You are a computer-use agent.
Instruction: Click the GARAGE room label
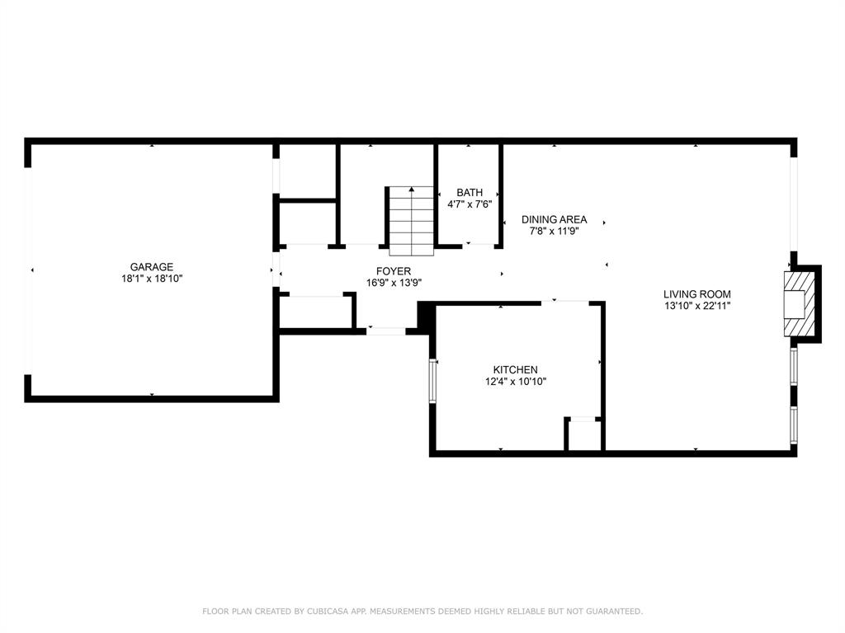pyautogui.click(x=152, y=267)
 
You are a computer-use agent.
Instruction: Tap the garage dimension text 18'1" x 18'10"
pyautogui.click(x=152, y=279)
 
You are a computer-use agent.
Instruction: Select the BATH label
pyautogui.click(x=470, y=193)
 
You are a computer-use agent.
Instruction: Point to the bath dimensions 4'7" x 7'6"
pyautogui.click(x=470, y=204)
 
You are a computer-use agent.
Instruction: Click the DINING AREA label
pyautogui.click(x=554, y=219)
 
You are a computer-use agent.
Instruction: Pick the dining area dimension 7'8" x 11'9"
pyautogui.click(x=554, y=232)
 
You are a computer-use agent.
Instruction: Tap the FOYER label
pyautogui.click(x=394, y=271)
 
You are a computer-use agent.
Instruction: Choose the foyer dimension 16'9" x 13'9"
pyautogui.click(x=394, y=284)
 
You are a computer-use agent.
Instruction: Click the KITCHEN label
pyautogui.click(x=515, y=370)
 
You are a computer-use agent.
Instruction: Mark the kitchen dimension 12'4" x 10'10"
pyautogui.click(x=516, y=382)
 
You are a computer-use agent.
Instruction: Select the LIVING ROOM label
pyautogui.click(x=696, y=294)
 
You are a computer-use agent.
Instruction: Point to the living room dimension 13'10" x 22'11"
pyautogui.click(x=697, y=307)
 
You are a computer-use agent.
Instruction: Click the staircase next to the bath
pyautogui.click(x=411, y=221)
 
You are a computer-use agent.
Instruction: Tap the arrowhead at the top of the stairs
pyautogui.click(x=412, y=189)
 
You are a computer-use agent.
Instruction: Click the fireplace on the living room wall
pyautogui.click(x=802, y=304)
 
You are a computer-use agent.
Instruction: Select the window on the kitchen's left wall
pyautogui.click(x=432, y=380)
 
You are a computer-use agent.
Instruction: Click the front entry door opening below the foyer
pyautogui.click(x=386, y=331)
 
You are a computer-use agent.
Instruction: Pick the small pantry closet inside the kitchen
pyautogui.click(x=584, y=434)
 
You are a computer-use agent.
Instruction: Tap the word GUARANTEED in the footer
pyautogui.click(x=614, y=611)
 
